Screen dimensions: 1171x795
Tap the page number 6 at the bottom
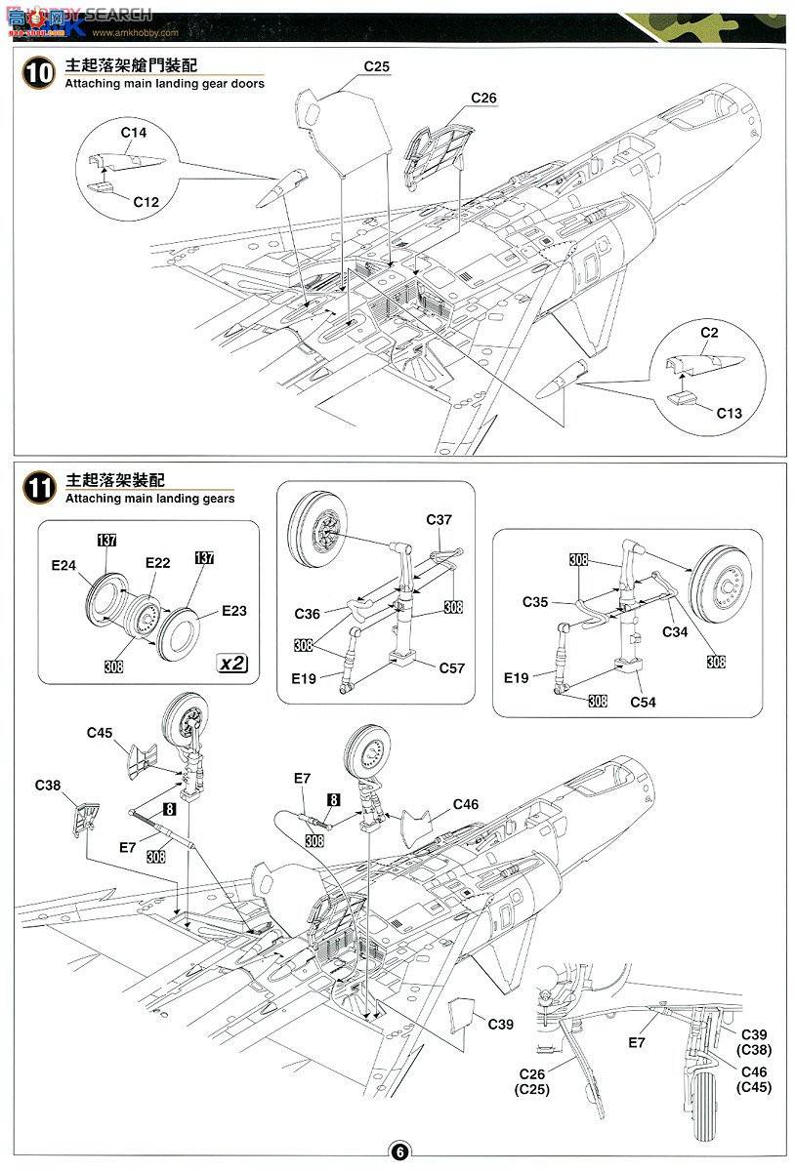(398, 1151)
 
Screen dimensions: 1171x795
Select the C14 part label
(134, 133)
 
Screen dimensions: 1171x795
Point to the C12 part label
(146, 201)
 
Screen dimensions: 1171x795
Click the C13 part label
(728, 413)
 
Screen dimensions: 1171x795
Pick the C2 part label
(709, 333)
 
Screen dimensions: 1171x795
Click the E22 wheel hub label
(157, 563)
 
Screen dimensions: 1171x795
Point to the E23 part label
(233, 612)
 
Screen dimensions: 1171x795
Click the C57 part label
(451, 668)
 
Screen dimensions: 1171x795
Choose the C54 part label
(642, 701)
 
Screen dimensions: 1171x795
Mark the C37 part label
(439, 520)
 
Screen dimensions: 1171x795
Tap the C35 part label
(535, 602)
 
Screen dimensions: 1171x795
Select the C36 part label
(308, 614)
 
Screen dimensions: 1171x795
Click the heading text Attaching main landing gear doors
(164, 85)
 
